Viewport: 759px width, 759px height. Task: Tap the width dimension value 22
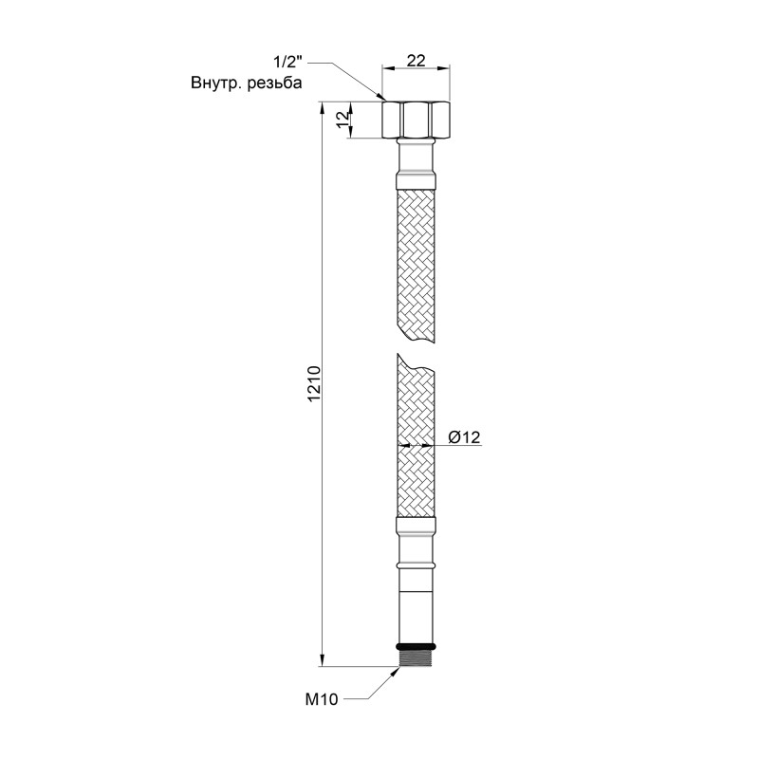pyautogui.click(x=416, y=59)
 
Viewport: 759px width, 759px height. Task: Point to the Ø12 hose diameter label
pyautogui.click(x=465, y=436)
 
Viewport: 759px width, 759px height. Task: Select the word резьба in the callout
pyautogui.click(x=275, y=83)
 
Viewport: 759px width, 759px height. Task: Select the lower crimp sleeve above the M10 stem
pyautogui.click(x=416, y=528)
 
